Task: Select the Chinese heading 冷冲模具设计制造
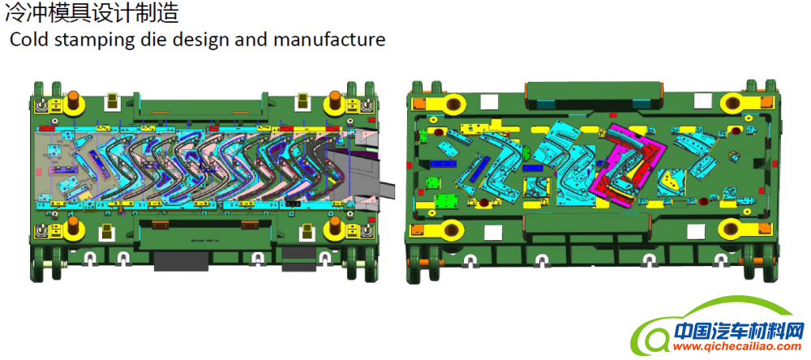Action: [x=92, y=13]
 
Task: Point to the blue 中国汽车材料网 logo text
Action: [x=740, y=330]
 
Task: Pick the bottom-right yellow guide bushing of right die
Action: [x=732, y=228]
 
